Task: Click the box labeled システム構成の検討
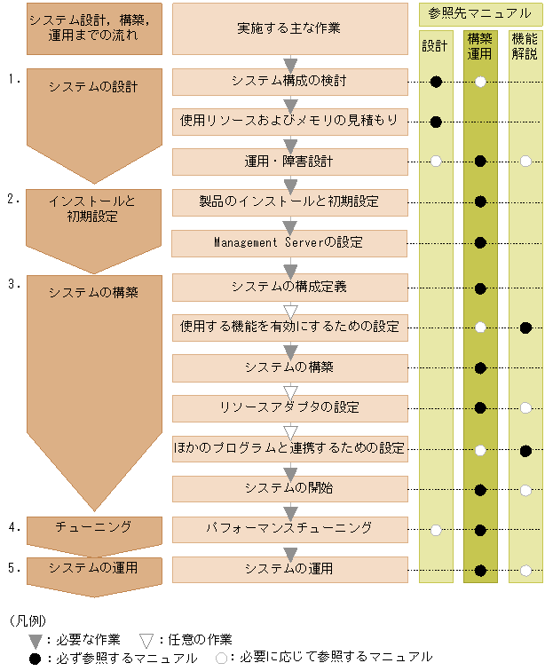click(289, 82)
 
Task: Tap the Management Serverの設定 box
click(289, 242)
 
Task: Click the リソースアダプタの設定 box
click(289, 407)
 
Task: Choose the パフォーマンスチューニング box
click(289, 529)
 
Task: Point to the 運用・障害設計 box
click(289, 161)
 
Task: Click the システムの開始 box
click(289, 487)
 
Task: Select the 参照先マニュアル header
click(480, 14)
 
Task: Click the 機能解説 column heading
click(525, 47)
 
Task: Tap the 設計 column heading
click(436, 47)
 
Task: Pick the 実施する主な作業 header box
click(289, 28)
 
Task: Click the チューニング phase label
click(94, 527)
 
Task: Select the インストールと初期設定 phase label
click(94, 209)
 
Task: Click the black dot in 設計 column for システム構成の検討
click(436, 82)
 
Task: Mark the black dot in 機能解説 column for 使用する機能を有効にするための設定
click(525, 328)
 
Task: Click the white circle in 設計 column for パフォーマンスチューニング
click(436, 530)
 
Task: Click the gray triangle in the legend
click(36, 640)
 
